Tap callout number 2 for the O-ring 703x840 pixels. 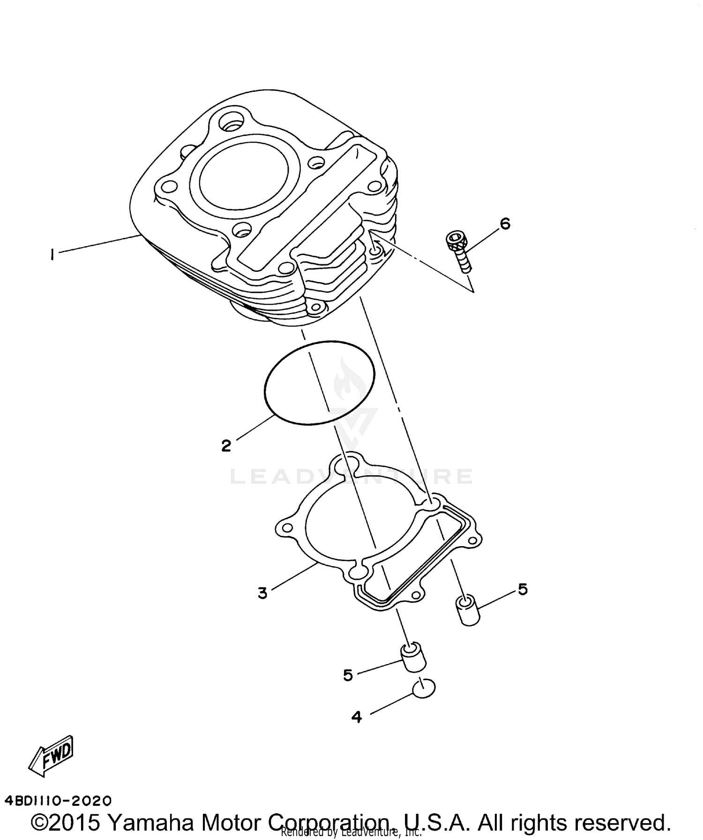click(x=226, y=445)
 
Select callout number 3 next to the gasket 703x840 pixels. click(x=262, y=593)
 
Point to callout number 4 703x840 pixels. click(x=357, y=717)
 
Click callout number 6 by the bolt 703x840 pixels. click(x=505, y=224)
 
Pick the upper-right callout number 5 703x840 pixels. click(x=523, y=589)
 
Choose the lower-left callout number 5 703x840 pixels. click(x=348, y=675)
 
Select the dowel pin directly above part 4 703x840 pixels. click(x=413, y=659)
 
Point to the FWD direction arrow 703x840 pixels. click(x=52, y=756)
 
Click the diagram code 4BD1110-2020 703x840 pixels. click(x=58, y=799)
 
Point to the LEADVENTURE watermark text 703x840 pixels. click(x=351, y=477)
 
